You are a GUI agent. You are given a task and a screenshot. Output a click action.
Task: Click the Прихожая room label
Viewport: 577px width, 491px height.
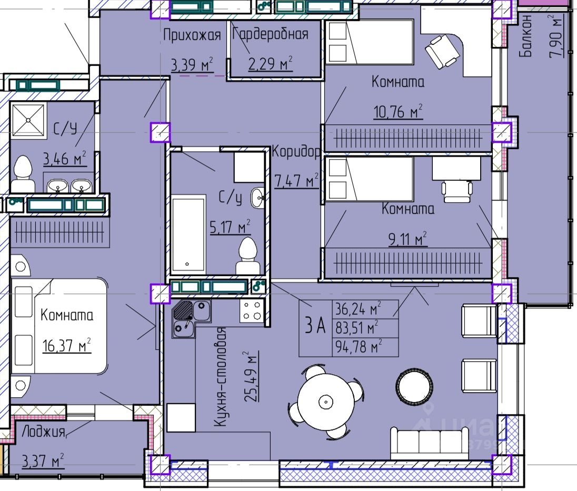point(192,35)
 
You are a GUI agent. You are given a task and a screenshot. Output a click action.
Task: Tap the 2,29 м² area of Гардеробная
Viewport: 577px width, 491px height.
point(271,63)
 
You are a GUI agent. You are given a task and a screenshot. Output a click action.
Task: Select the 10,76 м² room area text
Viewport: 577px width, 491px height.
point(398,111)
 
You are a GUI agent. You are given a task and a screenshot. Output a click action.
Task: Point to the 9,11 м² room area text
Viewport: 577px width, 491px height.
point(407,239)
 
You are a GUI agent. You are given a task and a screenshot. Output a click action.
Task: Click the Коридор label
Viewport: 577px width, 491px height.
point(296,151)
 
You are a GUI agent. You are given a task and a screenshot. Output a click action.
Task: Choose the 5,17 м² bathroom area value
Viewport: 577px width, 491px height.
point(230,227)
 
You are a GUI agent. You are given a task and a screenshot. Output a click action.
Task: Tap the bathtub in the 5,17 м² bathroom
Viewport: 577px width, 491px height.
point(188,234)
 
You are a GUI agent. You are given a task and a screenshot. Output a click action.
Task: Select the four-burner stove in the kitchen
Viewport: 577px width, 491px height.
point(252,310)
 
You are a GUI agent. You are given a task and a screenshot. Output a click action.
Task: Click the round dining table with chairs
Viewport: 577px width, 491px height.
point(326,401)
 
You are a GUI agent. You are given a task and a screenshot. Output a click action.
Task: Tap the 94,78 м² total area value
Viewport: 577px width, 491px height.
point(359,347)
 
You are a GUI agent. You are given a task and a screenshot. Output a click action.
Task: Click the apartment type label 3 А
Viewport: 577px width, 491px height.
point(315,325)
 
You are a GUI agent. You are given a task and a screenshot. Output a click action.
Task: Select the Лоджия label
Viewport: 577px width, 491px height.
point(43,431)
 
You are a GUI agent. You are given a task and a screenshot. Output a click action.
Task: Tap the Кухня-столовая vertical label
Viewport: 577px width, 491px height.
point(220,377)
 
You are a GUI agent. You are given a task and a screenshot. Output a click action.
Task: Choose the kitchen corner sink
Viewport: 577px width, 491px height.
point(191,319)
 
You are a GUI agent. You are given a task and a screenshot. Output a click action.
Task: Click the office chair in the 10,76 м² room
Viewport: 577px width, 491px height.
point(442,52)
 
